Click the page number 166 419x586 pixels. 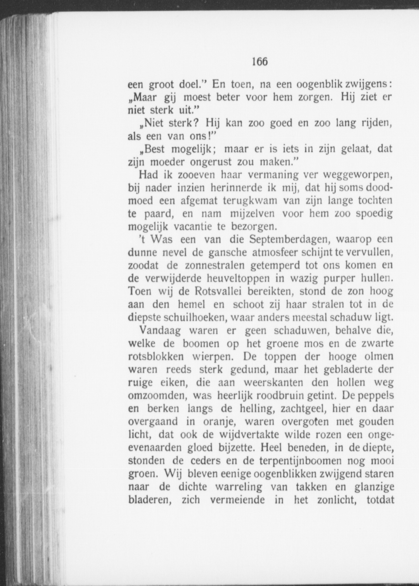click(x=260, y=61)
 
